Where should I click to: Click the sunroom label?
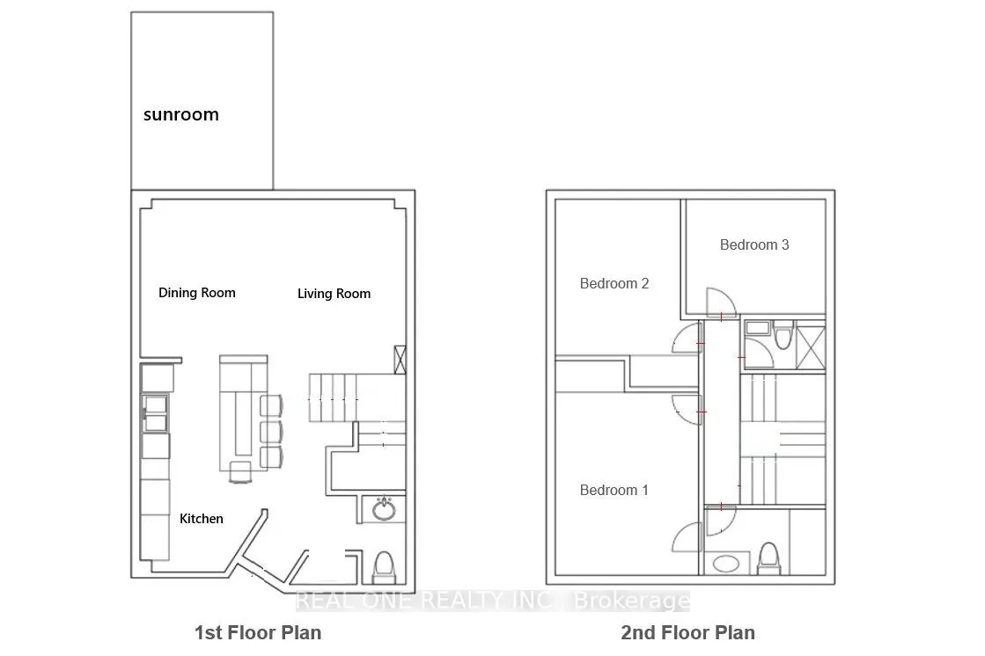181,115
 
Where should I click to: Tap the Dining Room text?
196,293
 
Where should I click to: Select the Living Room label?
334,294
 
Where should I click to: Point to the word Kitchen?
201,519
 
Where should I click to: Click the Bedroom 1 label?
614,491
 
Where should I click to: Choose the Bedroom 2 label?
614,284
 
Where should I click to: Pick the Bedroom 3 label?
753,244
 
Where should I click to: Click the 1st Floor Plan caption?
258,633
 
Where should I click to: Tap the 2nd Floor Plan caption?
687,633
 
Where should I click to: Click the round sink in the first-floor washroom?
384,509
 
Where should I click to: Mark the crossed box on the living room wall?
400,360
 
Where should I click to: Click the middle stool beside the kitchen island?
271,432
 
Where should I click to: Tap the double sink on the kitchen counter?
155,413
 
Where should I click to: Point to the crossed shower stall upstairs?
811,345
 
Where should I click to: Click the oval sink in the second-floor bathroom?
726,564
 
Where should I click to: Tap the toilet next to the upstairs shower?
783,337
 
